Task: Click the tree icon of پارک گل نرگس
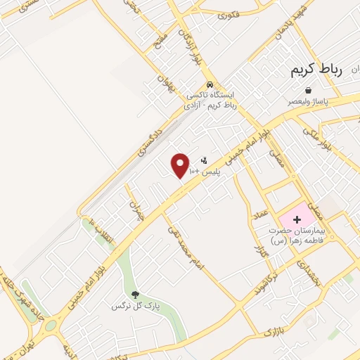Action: click(x=136, y=295)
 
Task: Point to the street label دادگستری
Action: click(x=151, y=138)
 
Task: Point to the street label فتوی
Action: click(x=229, y=15)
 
